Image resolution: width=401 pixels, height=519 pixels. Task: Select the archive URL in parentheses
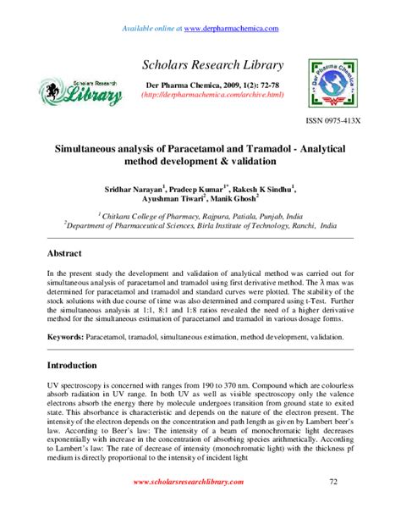[200, 106]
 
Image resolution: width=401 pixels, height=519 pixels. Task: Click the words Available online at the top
[151, 29]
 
